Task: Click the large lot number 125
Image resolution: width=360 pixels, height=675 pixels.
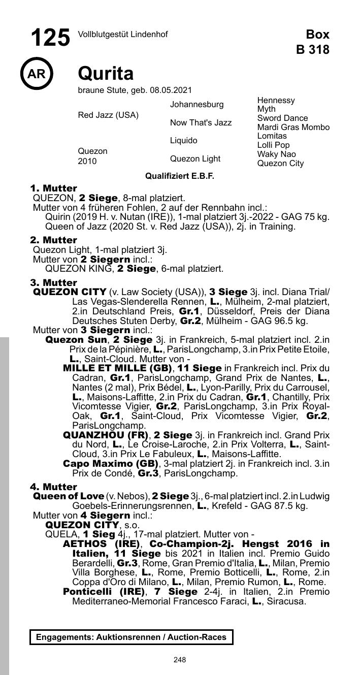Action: (x=50, y=38)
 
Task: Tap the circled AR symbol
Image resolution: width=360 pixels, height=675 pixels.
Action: (x=37, y=74)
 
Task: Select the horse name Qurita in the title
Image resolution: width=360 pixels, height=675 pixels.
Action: (x=106, y=74)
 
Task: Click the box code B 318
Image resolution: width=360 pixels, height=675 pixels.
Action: (x=313, y=50)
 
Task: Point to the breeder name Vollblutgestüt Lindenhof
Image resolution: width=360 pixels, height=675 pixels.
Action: (x=122, y=35)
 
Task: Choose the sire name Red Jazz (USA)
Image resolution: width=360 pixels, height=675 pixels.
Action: (x=108, y=115)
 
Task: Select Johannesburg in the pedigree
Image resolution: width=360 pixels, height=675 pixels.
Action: (x=197, y=105)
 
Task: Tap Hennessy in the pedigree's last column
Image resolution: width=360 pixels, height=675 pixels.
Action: (x=276, y=101)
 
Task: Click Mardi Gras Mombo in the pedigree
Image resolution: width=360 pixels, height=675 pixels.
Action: (x=293, y=127)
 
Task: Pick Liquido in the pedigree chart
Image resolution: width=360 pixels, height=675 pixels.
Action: (x=183, y=141)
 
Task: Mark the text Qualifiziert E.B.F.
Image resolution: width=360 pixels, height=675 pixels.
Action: (x=180, y=176)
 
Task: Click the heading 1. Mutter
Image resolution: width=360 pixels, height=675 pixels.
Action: (x=54, y=188)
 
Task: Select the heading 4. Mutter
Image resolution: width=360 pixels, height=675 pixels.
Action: (x=54, y=487)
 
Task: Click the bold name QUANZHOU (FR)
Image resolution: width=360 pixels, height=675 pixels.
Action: (x=106, y=435)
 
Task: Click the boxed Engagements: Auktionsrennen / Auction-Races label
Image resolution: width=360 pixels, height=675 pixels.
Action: (x=131, y=637)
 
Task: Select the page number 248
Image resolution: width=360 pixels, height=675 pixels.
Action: (x=179, y=660)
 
